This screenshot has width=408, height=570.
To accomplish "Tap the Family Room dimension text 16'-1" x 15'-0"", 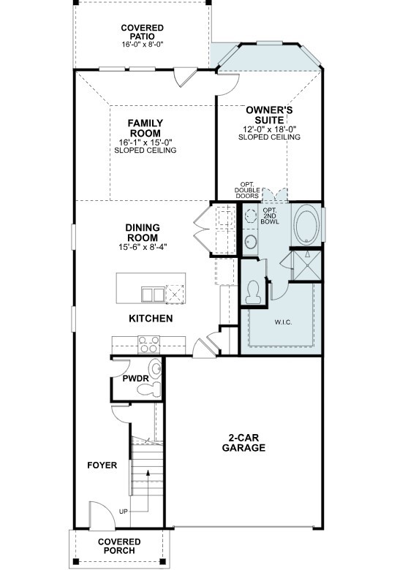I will pyautogui.click(x=145, y=142).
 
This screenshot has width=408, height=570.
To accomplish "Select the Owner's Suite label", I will pyautogui.click(x=269, y=115).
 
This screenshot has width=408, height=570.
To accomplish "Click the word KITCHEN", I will pyautogui.click(x=151, y=319).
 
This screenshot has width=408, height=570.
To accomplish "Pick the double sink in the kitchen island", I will pyautogui.click(x=154, y=294).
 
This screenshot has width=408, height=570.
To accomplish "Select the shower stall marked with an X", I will pyautogui.click(x=306, y=265).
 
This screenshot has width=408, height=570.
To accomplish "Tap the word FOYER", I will pyautogui.click(x=102, y=465).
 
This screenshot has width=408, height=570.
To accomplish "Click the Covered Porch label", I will pyautogui.click(x=118, y=546).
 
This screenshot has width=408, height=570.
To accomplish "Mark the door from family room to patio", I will pyautogui.click(x=185, y=75).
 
